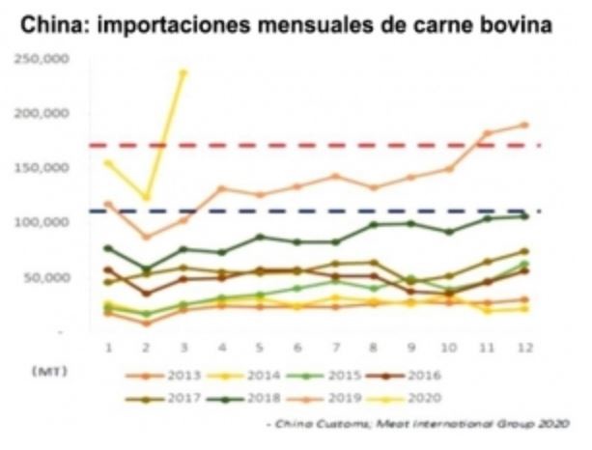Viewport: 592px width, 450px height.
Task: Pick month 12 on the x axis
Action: pos(523,347)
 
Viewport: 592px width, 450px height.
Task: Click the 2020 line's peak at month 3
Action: pos(183,71)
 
